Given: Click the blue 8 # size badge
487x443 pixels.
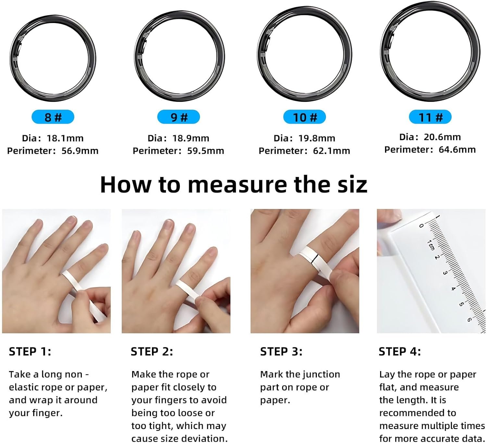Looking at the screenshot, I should [x=53, y=117].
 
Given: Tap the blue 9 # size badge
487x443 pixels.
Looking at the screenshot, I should [x=179, y=117].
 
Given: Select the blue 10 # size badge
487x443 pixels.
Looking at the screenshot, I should [x=305, y=117].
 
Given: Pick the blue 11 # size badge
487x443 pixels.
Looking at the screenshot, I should [x=430, y=117].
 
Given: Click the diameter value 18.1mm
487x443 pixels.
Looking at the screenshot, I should [x=65, y=138].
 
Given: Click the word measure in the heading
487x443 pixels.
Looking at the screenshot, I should [x=238, y=184].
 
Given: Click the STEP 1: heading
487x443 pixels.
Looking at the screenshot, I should [x=30, y=351].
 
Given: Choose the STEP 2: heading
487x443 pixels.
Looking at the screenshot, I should [x=152, y=351].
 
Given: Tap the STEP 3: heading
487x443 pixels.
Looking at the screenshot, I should [x=281, y=351].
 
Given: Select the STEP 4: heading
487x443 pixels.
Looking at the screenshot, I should [x=400, y=351].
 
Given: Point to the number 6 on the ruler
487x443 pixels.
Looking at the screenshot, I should [x=469, y=319].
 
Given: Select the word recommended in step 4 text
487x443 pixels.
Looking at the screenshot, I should [x=418, y=413].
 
